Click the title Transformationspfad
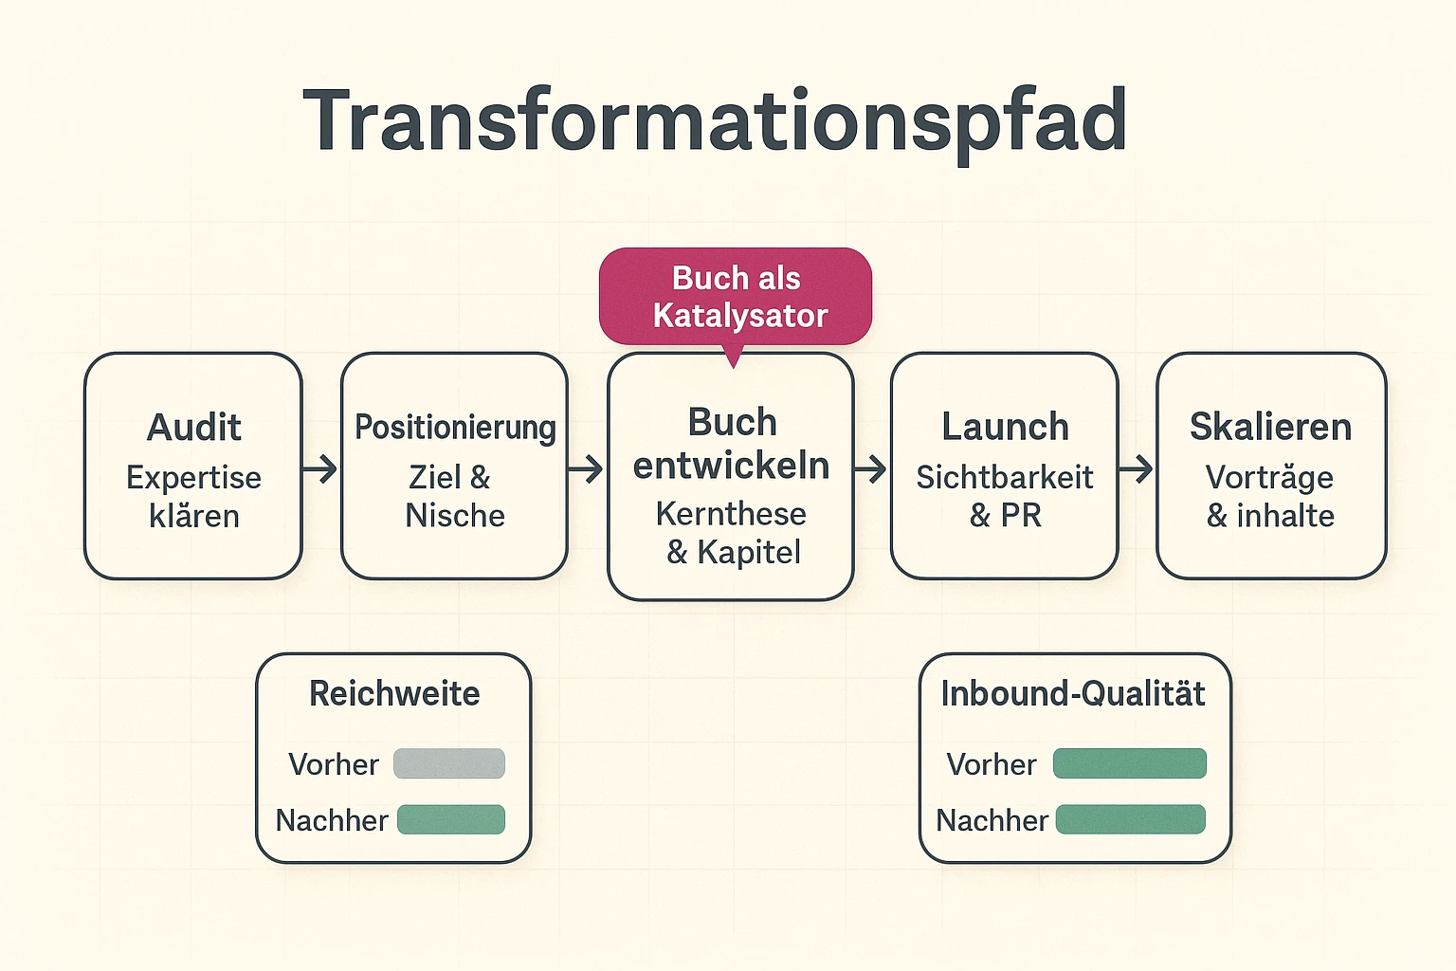pos(715,121)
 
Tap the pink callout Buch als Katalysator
pos(736,297)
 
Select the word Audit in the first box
pos(194,428)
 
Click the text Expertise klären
pos(194,497)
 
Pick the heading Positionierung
pos(455,428)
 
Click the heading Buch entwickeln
pos(732,444)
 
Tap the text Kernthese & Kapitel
pos(732,533)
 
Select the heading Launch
pos(1005,428)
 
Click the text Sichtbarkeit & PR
pos(1005,497)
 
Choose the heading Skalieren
pos(1270,428)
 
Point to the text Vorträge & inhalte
pos(1270,497)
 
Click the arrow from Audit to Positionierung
pos(320,468)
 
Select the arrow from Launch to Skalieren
pos(1136,468)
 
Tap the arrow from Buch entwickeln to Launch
pos(870,468)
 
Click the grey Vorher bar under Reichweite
pos(449,764)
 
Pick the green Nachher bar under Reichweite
pos(451,820)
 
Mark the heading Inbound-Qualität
pos(1073,694)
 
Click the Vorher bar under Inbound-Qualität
pos(1130,764)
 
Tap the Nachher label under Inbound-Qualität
pos(992,820)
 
